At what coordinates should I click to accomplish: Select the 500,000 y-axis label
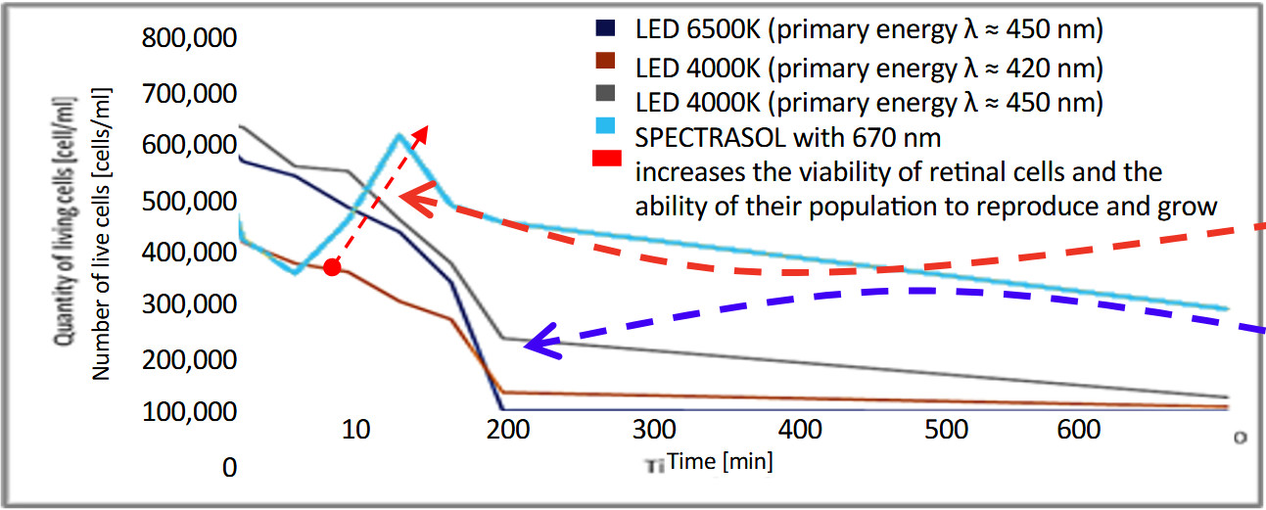click(189, 201)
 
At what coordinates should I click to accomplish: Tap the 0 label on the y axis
click(229, 468)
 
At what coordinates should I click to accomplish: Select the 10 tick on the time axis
click(356, 431)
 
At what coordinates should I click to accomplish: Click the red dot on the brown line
click(332, 267)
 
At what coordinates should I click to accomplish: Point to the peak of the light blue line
click(399, 135)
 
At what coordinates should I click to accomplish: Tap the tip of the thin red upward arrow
click(425, 126)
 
